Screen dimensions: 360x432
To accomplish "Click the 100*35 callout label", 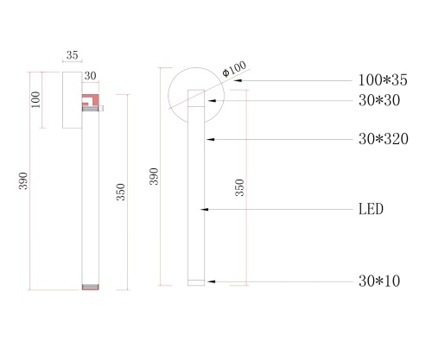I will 383,80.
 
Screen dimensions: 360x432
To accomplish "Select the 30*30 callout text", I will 378,101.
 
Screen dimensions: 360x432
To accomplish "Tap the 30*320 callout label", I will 383,138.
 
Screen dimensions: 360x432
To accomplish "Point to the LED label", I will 371,209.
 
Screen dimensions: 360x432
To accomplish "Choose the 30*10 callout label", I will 378,281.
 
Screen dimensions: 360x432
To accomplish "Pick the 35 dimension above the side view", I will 72,55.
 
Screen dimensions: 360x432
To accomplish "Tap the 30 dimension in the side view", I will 90,76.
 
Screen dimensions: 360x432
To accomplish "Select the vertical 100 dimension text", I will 36,100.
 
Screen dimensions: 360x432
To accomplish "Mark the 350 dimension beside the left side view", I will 121,191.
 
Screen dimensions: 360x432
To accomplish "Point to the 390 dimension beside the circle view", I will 155,176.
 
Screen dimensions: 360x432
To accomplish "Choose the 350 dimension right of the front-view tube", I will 239,187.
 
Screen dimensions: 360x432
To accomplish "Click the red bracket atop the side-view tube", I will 90,99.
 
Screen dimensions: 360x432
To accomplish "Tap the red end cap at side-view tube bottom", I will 90,286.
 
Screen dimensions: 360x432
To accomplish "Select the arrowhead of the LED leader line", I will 204,209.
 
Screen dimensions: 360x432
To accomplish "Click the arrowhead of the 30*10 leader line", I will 208,281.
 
